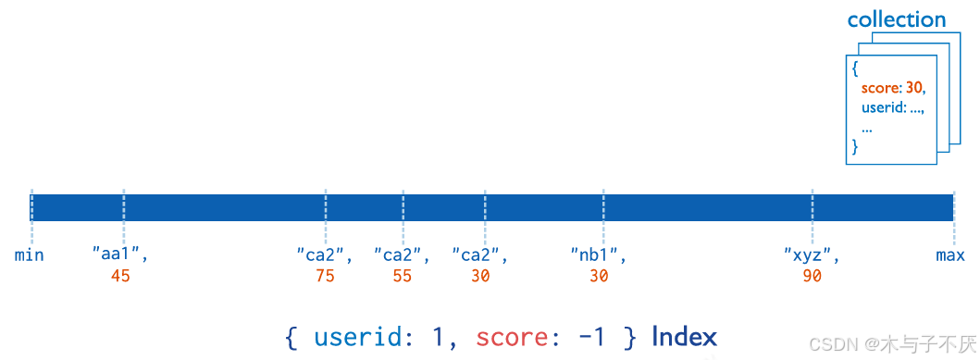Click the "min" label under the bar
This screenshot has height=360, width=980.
point(30,254)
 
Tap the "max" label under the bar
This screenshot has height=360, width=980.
point(950,254)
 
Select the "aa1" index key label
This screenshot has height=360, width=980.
point(119,254)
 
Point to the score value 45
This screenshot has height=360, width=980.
point(120,276)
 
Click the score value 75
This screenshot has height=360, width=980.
point(325,276)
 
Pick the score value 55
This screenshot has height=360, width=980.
point(402,276)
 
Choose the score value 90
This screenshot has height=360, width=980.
point(812,276)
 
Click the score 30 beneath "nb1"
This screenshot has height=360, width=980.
point(599,276)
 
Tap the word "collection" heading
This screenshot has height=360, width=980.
point(896,19)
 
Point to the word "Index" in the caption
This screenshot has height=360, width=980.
point(684,337)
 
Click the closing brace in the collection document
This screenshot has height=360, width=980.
point(855,147)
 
